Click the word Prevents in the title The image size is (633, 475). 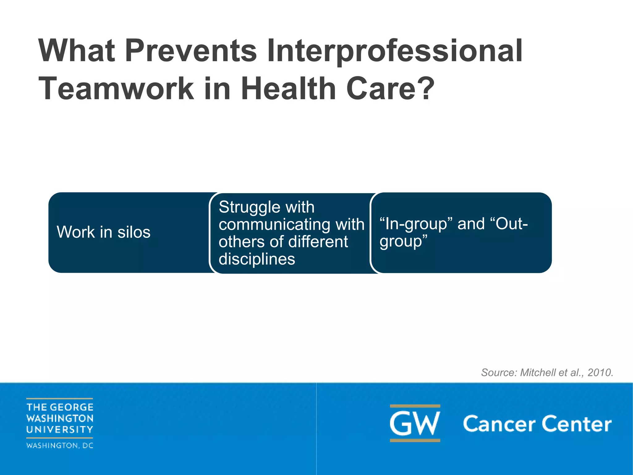pos(191,51)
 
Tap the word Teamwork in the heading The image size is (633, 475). pos(116,89)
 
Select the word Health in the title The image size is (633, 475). pos(288,89)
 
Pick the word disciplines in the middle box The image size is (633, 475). pos(257,259)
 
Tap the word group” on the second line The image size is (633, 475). pos(403,241)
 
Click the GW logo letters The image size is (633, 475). pos(415,423)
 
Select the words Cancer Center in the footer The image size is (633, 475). pos(537,424)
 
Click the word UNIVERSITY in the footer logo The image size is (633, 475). pos(60,430)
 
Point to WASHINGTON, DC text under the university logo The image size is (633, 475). pos(60,446)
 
